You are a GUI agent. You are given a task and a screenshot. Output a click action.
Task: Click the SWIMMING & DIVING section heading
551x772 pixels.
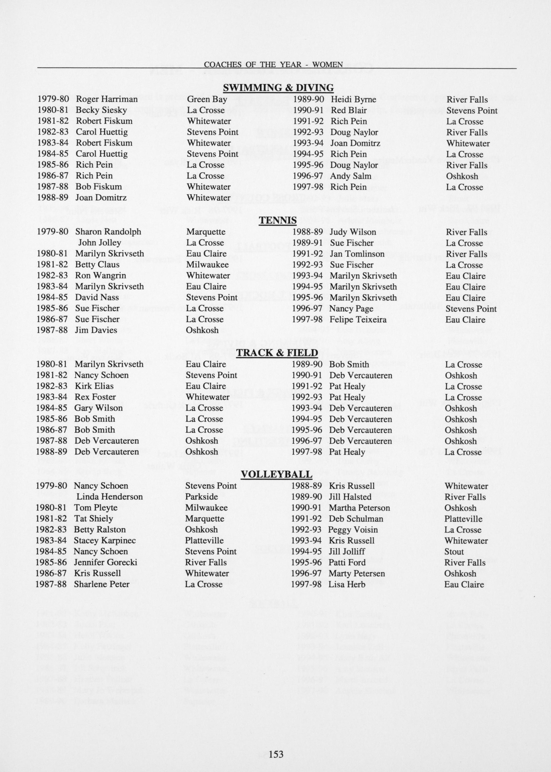[278, 88]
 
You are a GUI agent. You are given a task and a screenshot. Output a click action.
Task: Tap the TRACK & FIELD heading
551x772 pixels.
[277, 353]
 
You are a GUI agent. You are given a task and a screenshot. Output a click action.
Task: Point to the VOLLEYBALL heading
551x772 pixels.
[276, 474]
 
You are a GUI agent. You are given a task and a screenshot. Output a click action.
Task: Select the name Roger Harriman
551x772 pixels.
[107, 99]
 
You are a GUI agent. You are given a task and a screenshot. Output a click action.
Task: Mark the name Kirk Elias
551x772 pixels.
[94, 386]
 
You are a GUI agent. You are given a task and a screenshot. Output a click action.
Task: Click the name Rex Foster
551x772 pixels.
[95, 397]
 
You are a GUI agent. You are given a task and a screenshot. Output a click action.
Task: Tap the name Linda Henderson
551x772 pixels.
[109, 497]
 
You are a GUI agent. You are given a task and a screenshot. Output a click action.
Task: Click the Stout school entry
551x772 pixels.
[454, 552]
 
